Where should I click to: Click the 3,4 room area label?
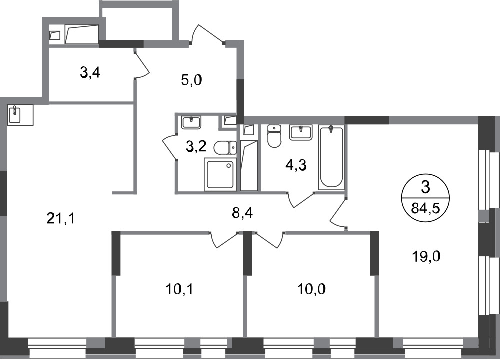[x=90, y=73]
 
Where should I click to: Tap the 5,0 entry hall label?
[x=191, y=80]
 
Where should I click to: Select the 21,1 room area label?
[x=61, y=218]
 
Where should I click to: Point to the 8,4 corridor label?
[x=242, y=212]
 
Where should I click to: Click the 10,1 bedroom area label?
[x=179, y=289]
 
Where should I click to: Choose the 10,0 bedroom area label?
[x=311, y=289]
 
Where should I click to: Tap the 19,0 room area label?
[x=426, y=256]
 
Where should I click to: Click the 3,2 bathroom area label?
[x=196, y=146]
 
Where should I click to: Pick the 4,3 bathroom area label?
[x=296, y=165]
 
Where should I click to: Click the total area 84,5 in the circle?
[x=425, y=209]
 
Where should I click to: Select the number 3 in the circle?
[x=425, y=187]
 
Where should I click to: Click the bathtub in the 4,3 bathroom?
[x=331, y=157]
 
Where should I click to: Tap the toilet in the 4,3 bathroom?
[x=274, y=136]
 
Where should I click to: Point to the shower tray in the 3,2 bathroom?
[x=220, y=174]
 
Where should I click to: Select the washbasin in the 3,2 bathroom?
[x=191, y=123]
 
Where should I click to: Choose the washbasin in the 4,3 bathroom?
[x=301, y=132]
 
